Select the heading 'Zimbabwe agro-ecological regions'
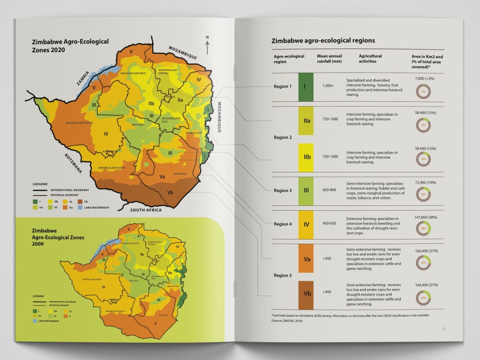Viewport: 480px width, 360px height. coord(323,41)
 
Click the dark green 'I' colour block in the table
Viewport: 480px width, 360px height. coord(306,87)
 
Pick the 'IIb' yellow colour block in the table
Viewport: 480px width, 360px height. coord(306,157)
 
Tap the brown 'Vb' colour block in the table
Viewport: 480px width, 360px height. coord(306,295)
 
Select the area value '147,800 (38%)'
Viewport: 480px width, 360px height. coord(424,217)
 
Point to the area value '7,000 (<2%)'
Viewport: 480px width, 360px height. coord(424,78)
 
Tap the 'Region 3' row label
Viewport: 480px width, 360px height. coord(283,191)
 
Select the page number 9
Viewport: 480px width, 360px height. coord(444,329)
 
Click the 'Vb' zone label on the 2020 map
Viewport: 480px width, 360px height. coord(170,192)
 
